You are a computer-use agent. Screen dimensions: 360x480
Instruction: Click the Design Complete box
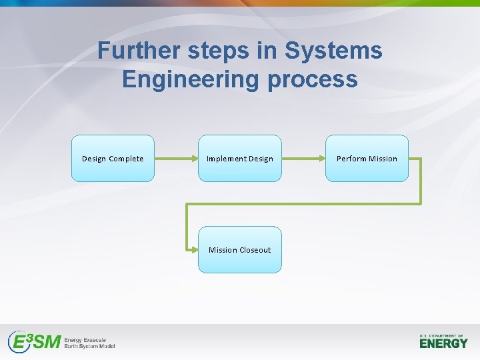point(113,159)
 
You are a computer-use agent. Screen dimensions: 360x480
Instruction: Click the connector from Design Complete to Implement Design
point(176,159)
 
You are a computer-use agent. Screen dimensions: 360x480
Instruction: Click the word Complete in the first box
point(126,159)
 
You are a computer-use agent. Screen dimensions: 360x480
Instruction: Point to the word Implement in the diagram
point(226,159)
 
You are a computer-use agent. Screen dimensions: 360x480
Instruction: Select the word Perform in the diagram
point(351,159)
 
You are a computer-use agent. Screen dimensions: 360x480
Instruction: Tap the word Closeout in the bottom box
point(255,250)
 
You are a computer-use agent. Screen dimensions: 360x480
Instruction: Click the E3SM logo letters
point(34,342)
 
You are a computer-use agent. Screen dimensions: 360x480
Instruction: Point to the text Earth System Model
point(89,347)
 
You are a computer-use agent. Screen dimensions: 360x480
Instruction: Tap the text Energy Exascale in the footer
point(85,339)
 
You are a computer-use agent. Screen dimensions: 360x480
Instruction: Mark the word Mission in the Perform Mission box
point(383,159)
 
